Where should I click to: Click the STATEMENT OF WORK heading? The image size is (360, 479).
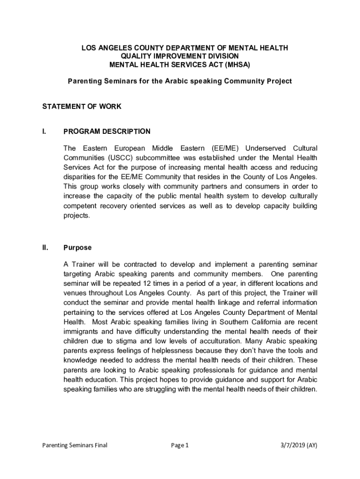82,107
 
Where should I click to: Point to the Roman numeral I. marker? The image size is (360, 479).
45,131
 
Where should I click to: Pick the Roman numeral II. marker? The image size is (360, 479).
46,247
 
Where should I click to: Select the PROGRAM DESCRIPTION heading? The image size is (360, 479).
107,131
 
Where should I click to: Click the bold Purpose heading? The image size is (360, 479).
78,247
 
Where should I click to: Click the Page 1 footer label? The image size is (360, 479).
180,445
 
